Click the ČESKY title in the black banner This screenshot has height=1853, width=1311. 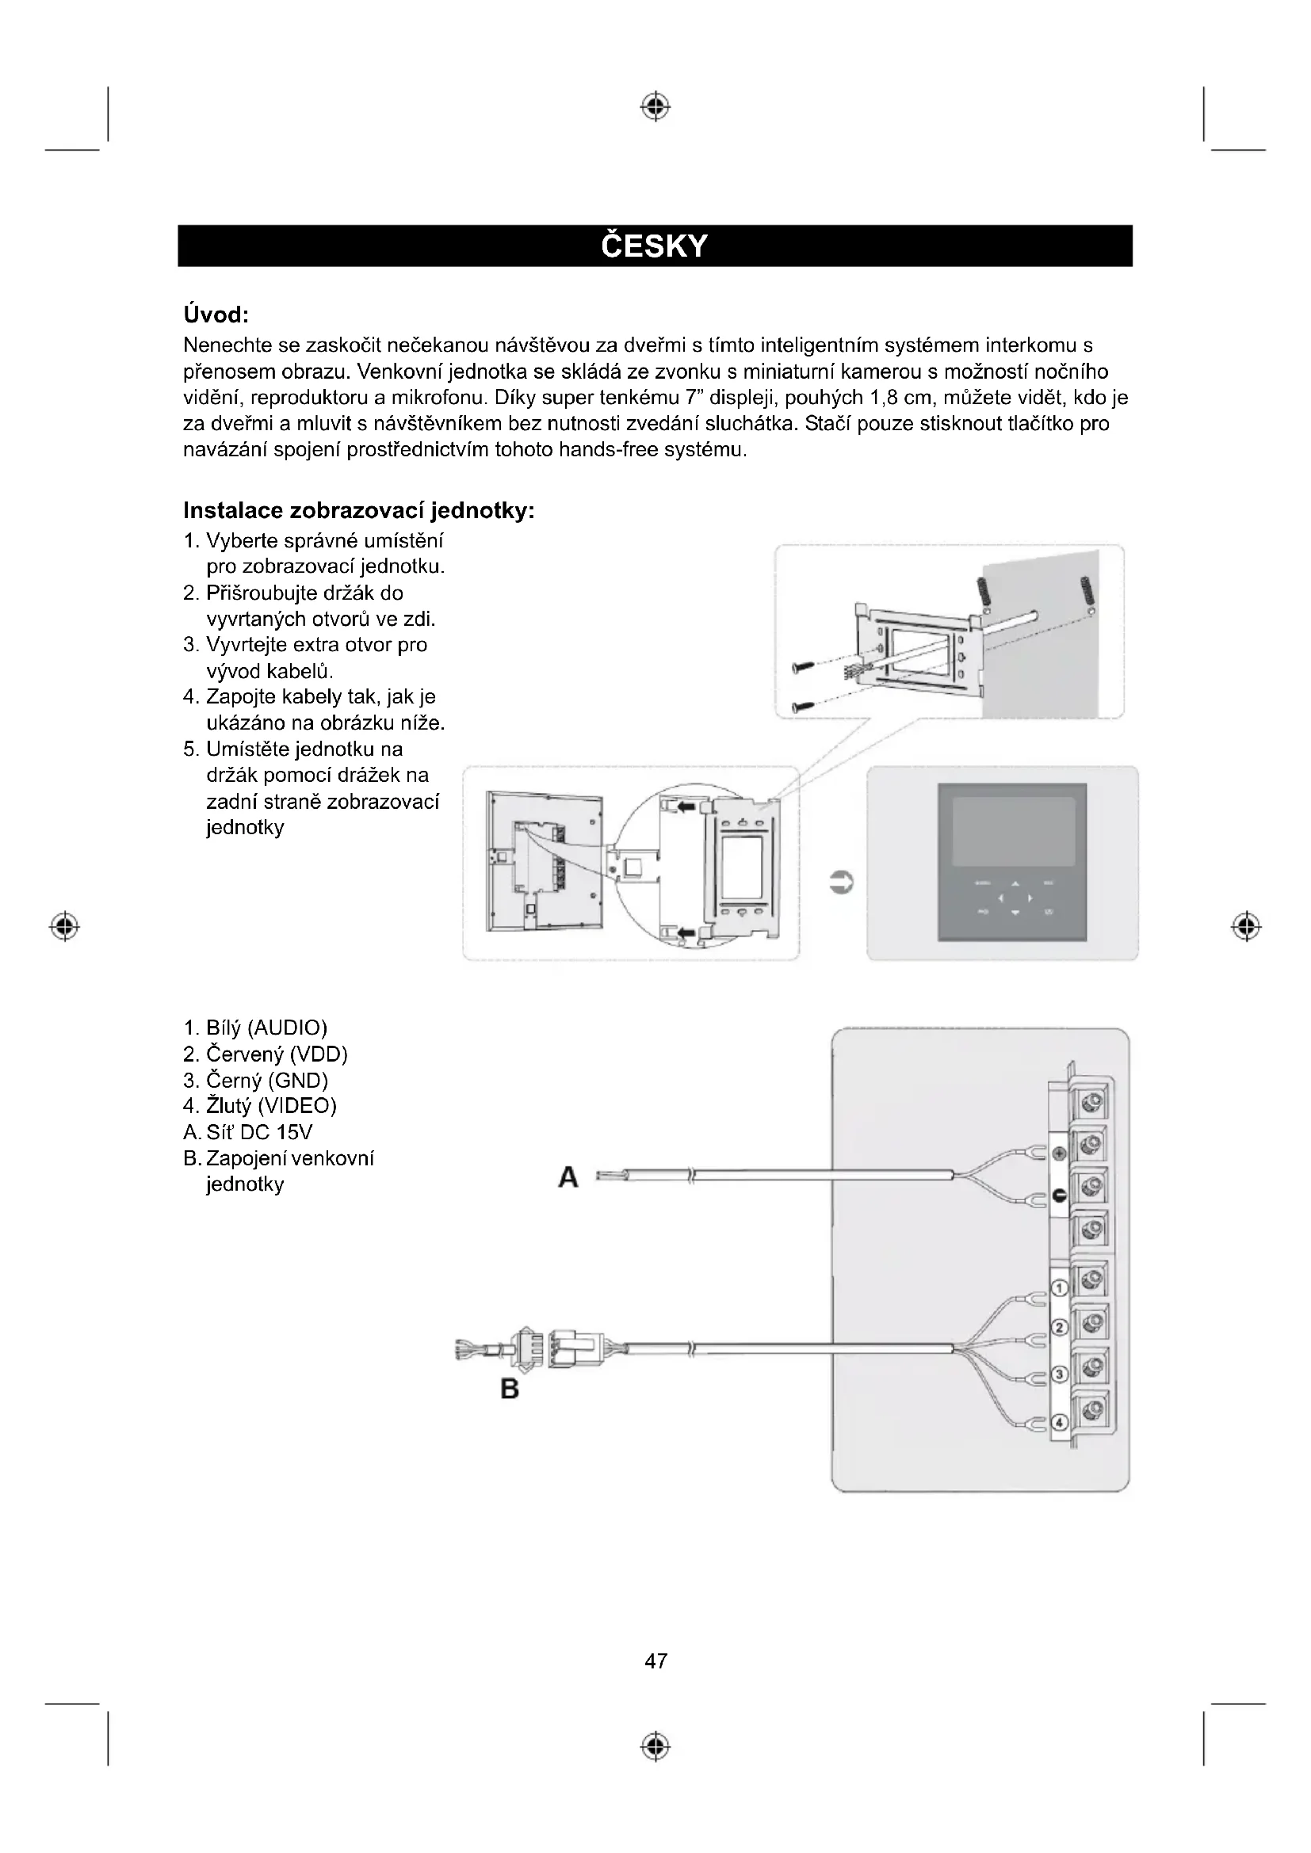(655, 246)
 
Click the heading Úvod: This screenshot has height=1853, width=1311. (216, 313)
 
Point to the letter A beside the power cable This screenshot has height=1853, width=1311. (568, 1178)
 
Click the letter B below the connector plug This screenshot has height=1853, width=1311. (510, 1389)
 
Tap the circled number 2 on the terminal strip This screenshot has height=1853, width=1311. (1061, 1328)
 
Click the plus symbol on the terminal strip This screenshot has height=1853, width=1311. (1061, 1154)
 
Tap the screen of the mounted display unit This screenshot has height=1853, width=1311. (1013, 831)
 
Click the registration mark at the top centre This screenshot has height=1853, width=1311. (655, 106)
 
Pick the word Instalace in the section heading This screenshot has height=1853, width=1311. (233, 511)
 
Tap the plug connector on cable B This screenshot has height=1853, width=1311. (526, 1348)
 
